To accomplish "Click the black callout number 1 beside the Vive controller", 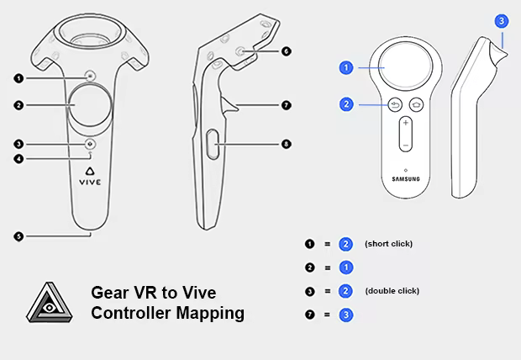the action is (18, 78).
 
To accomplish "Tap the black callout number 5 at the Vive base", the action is (18, 236).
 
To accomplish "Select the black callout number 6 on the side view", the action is (286, 51).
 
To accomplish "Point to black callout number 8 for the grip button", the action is (286, 144).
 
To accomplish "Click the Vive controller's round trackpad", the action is (91, 105).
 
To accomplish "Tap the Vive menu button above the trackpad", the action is (91, 77).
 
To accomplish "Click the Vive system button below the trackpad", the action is (90, 144).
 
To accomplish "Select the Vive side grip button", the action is (213, 144).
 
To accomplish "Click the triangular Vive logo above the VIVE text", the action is (90, 171).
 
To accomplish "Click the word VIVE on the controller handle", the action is (90, 182).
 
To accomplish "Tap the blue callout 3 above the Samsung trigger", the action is (502, 21).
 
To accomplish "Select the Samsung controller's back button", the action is (395, 105).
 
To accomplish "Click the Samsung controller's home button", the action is (416, 105).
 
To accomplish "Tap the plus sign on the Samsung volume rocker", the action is (405, 123).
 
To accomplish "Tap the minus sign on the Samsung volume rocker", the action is (405, 146).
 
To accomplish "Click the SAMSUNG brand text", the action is (406, 179).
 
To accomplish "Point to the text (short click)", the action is (388, 244).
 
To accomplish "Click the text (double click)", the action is (392, 291).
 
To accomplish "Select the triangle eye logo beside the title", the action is (50, 303).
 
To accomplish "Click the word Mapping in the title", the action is (210, 314).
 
